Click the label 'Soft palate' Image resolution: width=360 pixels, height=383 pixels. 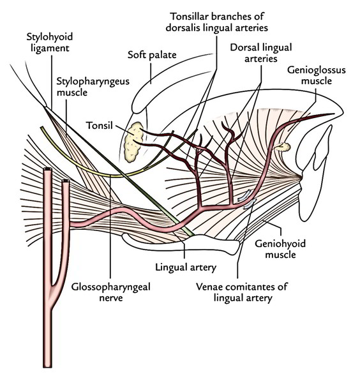(152, 55)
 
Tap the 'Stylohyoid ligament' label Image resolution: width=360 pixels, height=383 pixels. (50, 42)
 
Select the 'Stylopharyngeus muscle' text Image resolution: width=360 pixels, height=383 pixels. (93, 87)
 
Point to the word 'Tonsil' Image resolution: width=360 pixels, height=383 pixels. (100, 125)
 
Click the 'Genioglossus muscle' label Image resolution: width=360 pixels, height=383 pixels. (317, 75)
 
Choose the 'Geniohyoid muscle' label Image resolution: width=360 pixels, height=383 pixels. (280, 249)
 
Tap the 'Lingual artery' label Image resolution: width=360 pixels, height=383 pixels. (186, 267)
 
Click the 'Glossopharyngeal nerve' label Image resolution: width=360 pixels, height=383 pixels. (110, 292)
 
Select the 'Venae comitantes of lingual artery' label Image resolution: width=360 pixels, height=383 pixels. (242, 292)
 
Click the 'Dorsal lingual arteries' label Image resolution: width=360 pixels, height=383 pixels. (261, 53)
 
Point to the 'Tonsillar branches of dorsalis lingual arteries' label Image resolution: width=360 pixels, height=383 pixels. (217, 22)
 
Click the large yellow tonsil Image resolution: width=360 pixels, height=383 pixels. (133, 142)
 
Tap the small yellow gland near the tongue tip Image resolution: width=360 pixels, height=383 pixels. (282, 147)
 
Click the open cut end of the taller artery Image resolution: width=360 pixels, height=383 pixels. (48, 169)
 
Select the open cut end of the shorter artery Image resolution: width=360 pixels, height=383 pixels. (66, 181)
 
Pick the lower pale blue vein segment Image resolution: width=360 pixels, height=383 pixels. (250, 204)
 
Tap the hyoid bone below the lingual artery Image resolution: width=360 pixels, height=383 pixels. (181, 244)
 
